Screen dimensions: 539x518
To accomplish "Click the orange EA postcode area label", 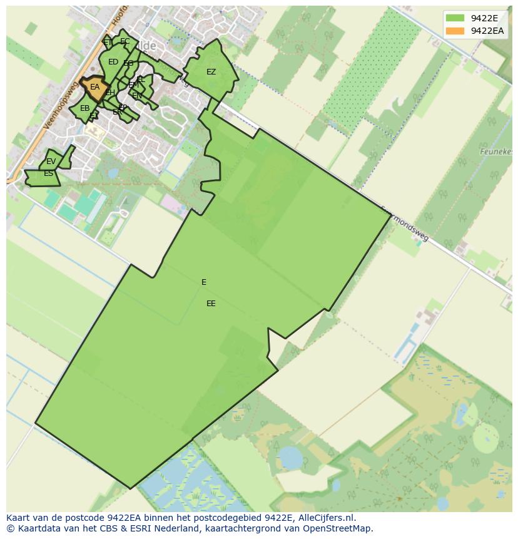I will click(x=94, y=87).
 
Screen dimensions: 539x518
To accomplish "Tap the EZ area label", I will click(x=211, y=72).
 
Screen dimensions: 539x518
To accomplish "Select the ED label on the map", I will click(x=113, y=62).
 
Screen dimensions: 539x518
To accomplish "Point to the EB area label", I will click(x=84, y=108).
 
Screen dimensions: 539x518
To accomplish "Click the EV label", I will click(x=51, y=162).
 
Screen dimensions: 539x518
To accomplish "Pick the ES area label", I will click(x=48, y=173).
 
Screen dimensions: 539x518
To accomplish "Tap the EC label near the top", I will click(x=125, y=42).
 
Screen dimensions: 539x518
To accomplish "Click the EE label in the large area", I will click(x=211, y=304).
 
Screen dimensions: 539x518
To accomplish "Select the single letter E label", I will click(x=204, y=282).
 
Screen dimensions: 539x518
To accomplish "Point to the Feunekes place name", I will click(x=497, y=151).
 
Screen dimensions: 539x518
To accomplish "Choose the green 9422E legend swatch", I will click(x=455, y=18).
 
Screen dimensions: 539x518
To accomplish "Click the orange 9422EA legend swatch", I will click(x=455, y=31).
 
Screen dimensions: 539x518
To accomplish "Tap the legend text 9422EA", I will click(x=487, y=31).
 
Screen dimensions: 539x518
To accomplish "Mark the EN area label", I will click(x=137, y=96).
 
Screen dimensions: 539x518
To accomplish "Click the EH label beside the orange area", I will click(x=109, y=93).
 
